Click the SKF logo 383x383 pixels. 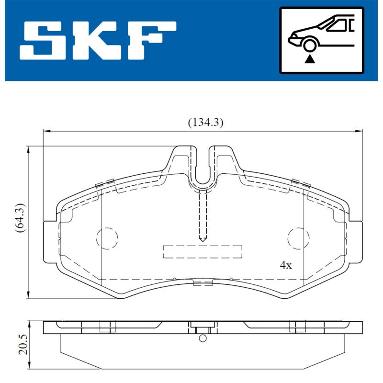point(98,40)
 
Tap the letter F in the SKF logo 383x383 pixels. point(152,40)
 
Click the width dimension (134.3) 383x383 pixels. point(204,123)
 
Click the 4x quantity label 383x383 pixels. point(286,265)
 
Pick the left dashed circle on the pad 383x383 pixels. point(107,237)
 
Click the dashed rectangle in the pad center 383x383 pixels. point(203,251)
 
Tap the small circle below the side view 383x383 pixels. point(203,339)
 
